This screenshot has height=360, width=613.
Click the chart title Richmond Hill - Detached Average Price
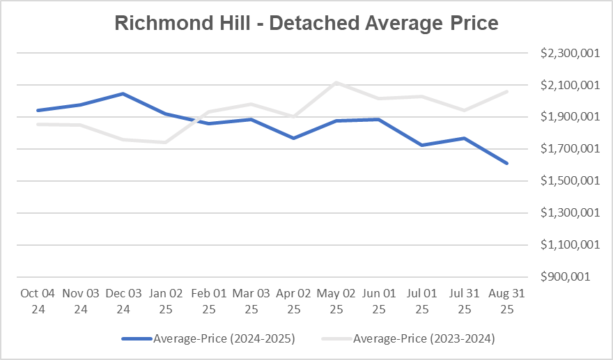306,23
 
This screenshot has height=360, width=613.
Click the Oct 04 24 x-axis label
38,301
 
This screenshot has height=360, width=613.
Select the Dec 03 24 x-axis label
123,301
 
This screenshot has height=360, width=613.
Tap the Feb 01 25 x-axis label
208,301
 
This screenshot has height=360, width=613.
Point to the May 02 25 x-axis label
336,301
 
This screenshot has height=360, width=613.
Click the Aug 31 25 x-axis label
506,301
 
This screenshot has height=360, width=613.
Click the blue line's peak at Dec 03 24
123,93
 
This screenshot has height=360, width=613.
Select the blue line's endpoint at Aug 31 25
507,163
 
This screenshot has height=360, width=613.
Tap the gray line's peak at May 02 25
336,82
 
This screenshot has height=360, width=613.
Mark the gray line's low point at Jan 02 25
166,142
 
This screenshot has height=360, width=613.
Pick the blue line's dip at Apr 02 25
294,138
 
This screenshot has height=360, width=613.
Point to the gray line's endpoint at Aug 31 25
507,91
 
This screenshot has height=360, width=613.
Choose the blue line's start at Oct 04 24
38,110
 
